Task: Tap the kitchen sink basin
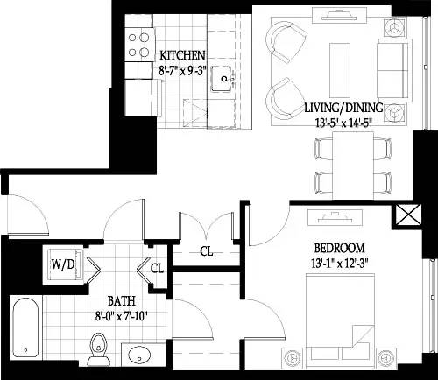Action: pos(226,79)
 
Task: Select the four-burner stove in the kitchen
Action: pos(138,45)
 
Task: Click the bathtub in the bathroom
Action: pos(30,329)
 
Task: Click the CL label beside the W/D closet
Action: pos(156,269)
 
